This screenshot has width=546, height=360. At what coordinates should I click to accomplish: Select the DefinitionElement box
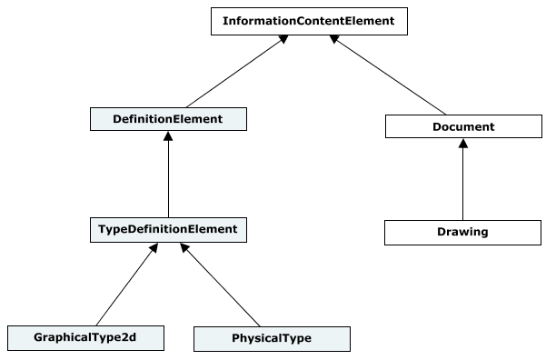point(168,118)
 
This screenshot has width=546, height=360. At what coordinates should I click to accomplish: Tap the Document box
point(463,126)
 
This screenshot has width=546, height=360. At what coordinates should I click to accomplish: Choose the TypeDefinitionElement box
point(168,230)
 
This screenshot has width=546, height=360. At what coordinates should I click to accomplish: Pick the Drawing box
point(463,232)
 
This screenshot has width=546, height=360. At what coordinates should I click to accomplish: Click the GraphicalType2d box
point(87,338)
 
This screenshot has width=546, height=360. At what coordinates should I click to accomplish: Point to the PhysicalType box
point(272,338)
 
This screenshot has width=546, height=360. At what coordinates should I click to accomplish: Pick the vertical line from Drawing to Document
point(463,182)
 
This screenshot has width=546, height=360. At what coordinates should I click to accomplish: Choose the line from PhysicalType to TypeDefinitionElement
point(223,286)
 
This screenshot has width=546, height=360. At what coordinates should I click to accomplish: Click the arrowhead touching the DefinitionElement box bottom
point(168,135)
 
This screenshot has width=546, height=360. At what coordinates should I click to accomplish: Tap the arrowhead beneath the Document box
point(463,144)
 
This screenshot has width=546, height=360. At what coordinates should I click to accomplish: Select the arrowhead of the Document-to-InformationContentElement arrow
point(334,40)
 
